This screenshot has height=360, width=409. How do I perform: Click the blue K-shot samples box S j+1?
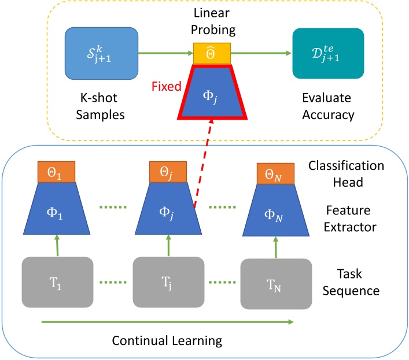click(x=101, y=53)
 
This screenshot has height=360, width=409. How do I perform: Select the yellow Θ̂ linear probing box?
click(x=212, y=54)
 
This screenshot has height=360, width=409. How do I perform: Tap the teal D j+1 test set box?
click(x=328, y=53)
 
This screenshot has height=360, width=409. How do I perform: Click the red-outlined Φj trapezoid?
click(x=212, y=92)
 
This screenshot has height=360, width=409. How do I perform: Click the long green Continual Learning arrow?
click(x=168, y=321)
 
